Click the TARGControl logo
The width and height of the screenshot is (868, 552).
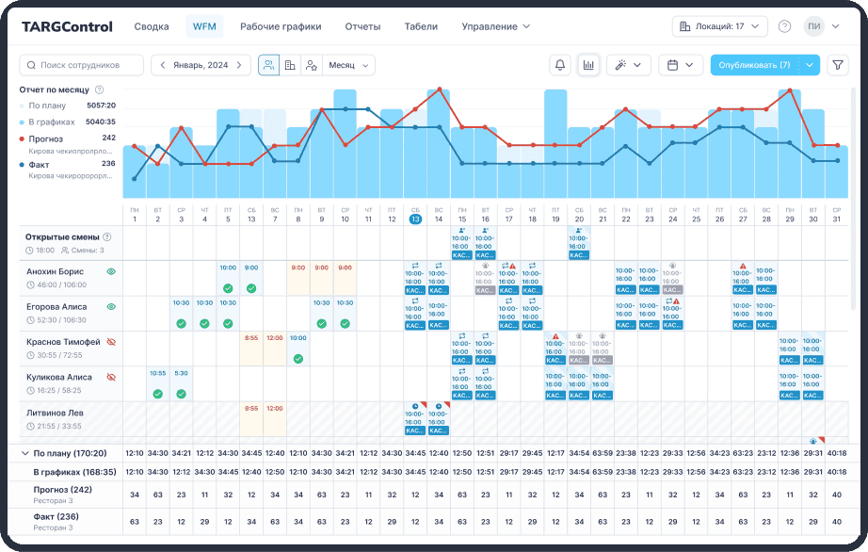[x=67, y=26]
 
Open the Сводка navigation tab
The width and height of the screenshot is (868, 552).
[x=152, y=26]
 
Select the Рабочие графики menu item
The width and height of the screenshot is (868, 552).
[x=281, y=26]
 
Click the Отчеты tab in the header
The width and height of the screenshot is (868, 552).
[x=362, y=26]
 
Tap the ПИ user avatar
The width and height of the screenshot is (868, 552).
[x=813, y=26]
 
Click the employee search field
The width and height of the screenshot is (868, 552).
[x=82, y=65]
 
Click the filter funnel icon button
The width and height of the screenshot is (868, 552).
[x=837, y=65]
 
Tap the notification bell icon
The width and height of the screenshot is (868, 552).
[x=560, y=65]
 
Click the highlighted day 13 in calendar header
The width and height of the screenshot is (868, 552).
[x=415, y=219]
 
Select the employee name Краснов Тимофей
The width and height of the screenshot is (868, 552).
[x=62, y=342]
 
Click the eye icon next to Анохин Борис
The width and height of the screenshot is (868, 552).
[x=110, y=271]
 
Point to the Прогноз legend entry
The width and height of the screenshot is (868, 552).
[x=46, y=138]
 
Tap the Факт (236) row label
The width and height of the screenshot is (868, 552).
[x=55, y=516]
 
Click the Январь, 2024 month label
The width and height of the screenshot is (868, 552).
[x=201, y=65]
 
